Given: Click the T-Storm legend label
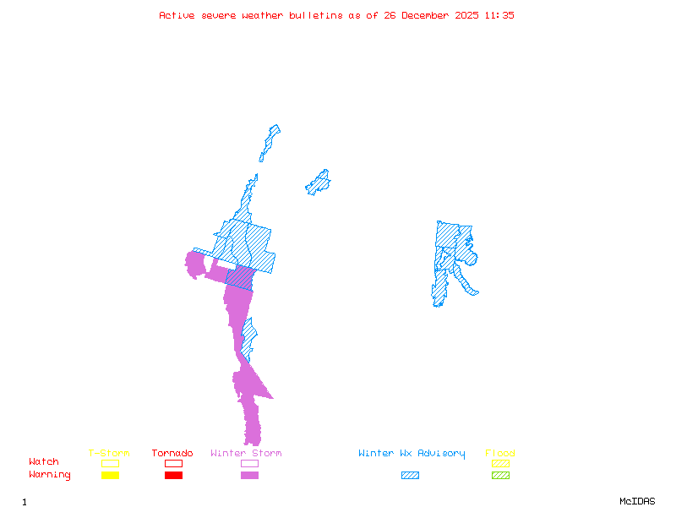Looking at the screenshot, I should click(109, 454).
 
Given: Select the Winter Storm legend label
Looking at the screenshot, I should click(246, 454).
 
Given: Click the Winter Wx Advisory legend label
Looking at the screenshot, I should click(412, 454).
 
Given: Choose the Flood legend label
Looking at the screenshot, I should click(500, 454).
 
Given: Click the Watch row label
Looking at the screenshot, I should click(44, 462).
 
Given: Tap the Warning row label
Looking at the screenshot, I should click(50, 475).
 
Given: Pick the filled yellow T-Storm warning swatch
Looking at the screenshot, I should click(110, 476).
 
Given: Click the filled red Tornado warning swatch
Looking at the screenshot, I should click(173, 476).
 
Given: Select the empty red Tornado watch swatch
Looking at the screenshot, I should click(173, 463).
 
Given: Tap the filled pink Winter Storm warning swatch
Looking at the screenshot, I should click(249, 476).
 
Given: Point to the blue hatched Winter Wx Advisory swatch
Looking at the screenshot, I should click(410, 476).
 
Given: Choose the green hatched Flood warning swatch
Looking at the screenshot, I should click(500, 476).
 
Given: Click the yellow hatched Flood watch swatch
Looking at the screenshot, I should click(500, 463).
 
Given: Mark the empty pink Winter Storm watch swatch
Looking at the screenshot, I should click(249, 463).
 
